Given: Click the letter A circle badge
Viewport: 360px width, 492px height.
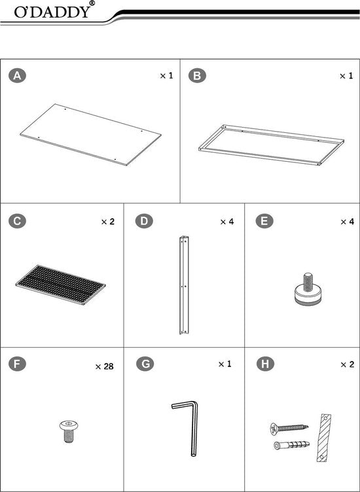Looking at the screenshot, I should tap(18, 77).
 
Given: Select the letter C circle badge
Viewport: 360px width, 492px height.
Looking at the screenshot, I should tap(18, 221).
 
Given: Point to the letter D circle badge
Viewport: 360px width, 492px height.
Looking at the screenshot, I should tap(143, 221).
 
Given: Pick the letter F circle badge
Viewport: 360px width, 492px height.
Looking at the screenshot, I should tap(18, 364).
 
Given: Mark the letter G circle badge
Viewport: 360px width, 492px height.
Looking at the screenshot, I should tap(143, 364).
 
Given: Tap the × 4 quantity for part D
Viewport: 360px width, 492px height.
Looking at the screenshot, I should tap(226, 221).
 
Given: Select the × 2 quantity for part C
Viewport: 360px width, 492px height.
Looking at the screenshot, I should tap(107, 221).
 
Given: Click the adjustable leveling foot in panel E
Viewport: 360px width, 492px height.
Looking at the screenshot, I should tap(307, 292).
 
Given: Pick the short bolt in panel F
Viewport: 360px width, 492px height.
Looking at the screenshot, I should tap(65, 430).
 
